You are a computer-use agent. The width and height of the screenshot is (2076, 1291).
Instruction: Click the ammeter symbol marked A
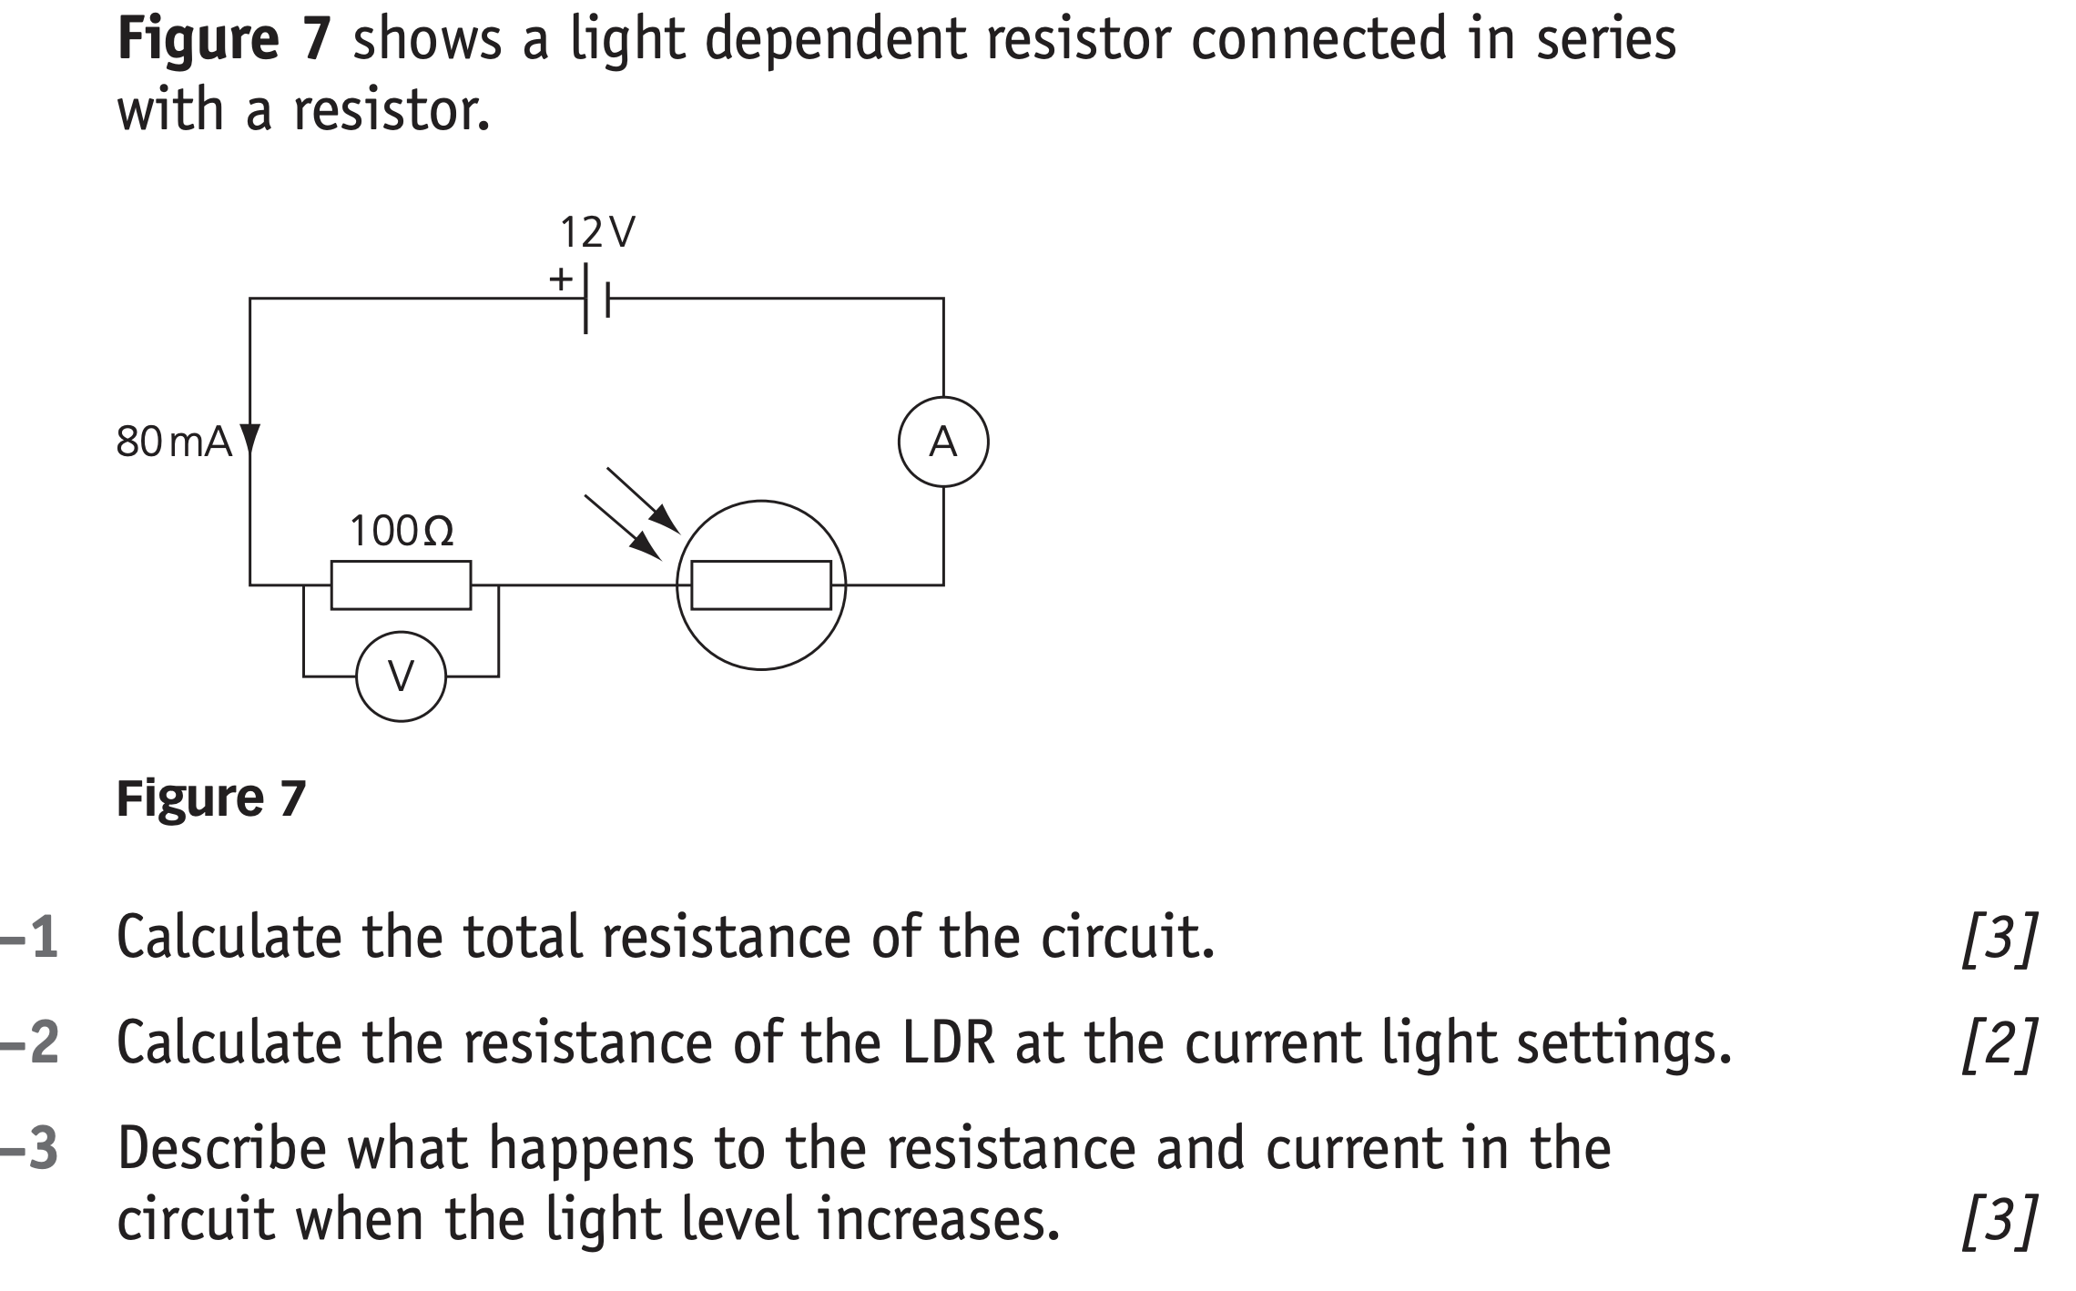coord(942,442)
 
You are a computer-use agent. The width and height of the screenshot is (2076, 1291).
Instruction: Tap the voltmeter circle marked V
coord(401,676)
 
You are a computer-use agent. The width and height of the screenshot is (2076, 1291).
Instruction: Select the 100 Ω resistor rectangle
coord(401,585)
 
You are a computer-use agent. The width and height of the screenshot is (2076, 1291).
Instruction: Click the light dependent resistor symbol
coord(760,585)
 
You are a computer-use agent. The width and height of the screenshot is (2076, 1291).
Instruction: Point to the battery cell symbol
coord(595,298)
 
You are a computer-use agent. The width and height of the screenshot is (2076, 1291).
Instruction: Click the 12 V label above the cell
coord(597,233)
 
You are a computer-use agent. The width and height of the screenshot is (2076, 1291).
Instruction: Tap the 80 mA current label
coord(174,442)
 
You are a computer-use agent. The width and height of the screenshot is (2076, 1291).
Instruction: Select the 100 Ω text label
coord(401,531)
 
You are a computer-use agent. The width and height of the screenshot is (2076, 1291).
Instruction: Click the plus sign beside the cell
coord(561,278)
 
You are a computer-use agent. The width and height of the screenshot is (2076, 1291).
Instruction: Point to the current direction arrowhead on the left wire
coord(249,439)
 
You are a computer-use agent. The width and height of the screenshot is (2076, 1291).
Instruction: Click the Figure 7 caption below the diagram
coord(211,798)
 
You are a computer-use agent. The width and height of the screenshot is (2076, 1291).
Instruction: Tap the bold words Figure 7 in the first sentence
coord(223,40)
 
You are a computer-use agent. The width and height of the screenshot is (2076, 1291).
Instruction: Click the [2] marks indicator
coord(1999,1044)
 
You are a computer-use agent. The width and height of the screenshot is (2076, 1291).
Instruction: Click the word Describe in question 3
coord(221,1148)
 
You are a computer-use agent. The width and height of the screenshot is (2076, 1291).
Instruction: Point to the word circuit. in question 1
coord(1127,937)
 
